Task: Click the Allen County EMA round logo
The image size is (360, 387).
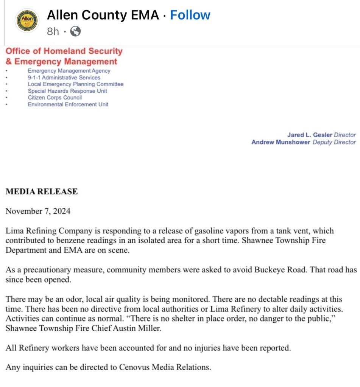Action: (x=26, y=21)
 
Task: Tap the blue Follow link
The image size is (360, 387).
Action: (x=190, y=15)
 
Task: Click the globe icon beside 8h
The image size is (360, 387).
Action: (x=75, y=31)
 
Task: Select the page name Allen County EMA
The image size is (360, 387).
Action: (x=103, y=15)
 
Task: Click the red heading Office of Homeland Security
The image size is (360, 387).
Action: (x=64, y=51)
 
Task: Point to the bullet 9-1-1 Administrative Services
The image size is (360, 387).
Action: (x=64, y=78)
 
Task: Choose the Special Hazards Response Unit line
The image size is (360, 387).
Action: (x=67, y=91)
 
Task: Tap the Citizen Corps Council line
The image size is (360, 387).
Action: (x=55, y=98)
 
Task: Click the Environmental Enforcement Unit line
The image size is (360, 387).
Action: (x=68, y=104)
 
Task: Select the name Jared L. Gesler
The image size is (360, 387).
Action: (x=310, y=135)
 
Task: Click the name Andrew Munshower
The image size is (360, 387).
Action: (x=281, y=142)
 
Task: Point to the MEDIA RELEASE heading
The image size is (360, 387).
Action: (x=42, y=191)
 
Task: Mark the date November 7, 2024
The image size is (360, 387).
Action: (x=38, y=211)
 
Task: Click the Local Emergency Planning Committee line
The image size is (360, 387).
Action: (x=76, y=84)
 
